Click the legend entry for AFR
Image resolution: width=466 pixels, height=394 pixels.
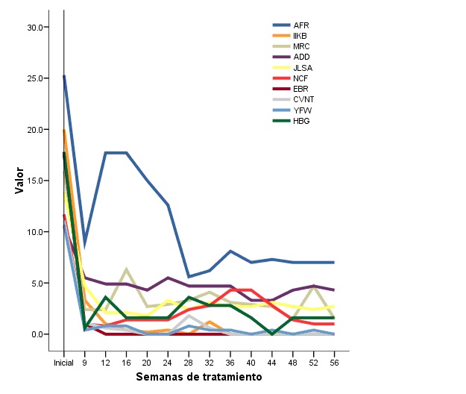point(301,25)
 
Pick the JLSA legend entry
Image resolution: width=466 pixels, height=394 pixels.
point(303,68)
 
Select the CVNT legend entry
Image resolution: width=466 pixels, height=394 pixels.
point(303,99)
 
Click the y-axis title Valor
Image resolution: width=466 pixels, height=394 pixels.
point(20,180)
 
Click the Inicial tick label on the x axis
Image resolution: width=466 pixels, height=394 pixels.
point(64,363)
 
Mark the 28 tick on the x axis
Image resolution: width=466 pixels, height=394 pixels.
point(189,363)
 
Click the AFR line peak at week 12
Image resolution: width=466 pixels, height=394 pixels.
point(107,153)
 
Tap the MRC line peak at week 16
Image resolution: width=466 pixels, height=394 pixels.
point(127,269)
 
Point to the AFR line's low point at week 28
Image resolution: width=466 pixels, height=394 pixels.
point(189,277)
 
